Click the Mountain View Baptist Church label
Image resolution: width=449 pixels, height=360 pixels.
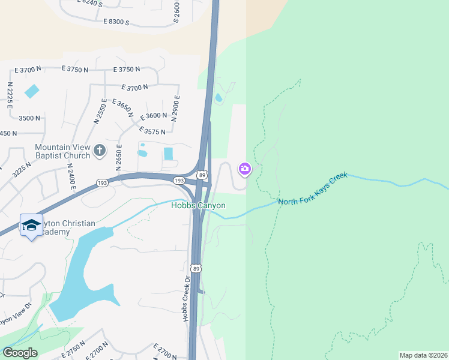[62, 151]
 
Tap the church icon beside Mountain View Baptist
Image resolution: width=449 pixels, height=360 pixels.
[100, 149]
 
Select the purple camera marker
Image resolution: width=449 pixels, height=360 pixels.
[244, 169]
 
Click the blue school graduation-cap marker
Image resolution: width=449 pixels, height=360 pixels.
[31, 225]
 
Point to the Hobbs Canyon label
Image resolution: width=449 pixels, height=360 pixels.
[198, 206]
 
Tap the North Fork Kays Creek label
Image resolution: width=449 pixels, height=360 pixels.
[312, 188]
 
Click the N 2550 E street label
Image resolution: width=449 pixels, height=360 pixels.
[100, 111]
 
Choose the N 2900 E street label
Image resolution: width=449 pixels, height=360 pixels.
[176, 108]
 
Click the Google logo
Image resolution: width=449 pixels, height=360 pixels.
[20, 353]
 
